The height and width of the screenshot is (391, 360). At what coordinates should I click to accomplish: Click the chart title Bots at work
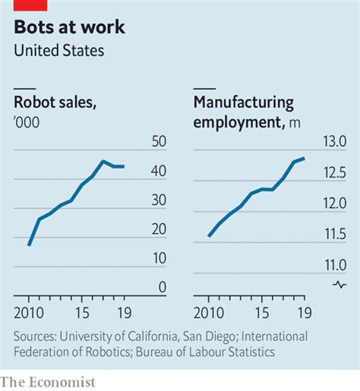(70, 29)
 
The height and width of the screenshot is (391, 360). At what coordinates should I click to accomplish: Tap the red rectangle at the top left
(30, 5)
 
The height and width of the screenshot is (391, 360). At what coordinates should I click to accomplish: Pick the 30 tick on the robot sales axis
(159, 200)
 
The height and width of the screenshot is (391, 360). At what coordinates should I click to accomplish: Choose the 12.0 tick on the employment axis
(335, 203)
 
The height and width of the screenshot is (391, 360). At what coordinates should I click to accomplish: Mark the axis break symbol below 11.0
(338, 284)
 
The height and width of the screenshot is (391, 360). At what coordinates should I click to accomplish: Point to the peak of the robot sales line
(103, 161)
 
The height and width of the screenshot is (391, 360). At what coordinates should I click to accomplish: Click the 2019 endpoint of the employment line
(304, 158)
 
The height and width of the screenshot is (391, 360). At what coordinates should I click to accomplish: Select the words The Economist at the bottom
(48, 382)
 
